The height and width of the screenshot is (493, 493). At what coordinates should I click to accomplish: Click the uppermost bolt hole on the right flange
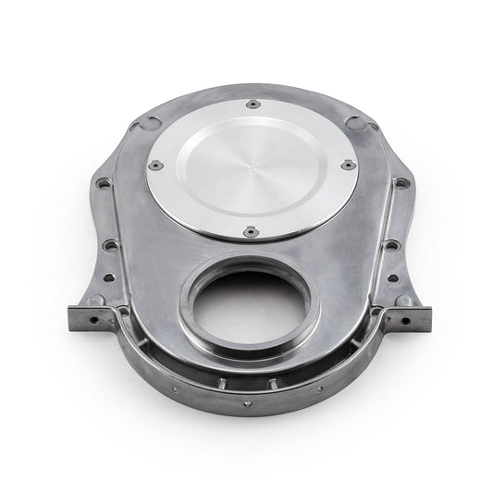click(399, 184)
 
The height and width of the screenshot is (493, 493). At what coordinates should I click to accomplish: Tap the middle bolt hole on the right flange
click(392, 245)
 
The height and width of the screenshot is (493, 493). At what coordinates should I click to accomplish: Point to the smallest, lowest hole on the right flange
click(393, 277)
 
